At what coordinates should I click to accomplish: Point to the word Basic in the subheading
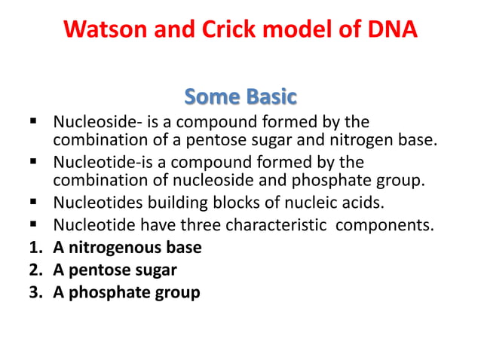tap(271, 97)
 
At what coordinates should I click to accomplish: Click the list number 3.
tap(34, 292)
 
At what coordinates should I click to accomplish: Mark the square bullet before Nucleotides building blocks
tap(33, 203)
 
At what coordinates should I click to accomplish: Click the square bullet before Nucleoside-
tap(33, 122)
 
